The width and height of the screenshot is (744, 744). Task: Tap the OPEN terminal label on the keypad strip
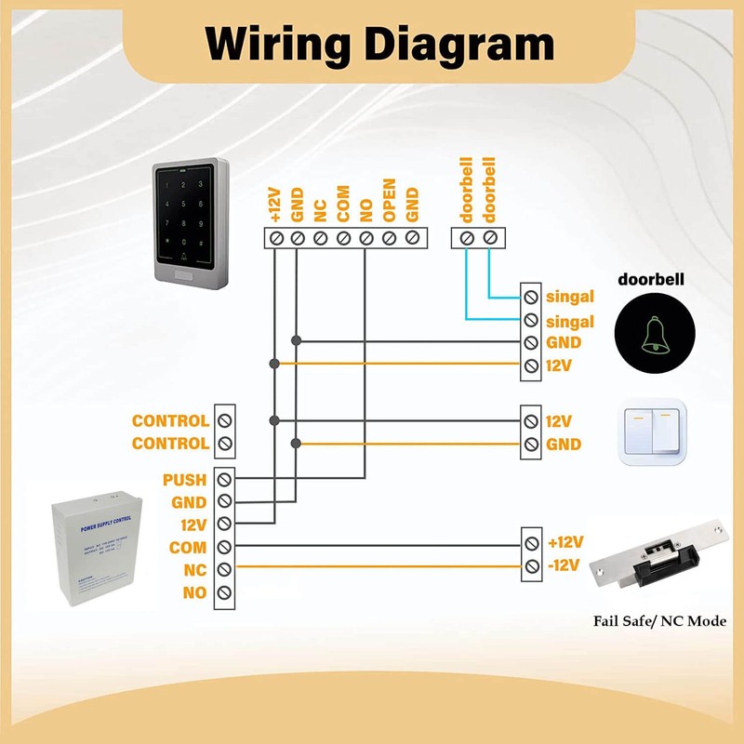pyautogui.click(x=390, y=199)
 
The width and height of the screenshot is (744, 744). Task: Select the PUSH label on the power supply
pyautogui.click(x=184, y=480)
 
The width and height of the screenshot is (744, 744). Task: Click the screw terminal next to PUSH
pyautogui.click(x=224, y=480)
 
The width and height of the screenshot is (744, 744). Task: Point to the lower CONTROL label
pyautogui.click(x=170, y=444)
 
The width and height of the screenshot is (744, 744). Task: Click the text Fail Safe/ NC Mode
pyautogui.click(x=660, y=621)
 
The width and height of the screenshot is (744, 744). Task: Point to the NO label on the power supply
pyautogui.click(x=194, y=592)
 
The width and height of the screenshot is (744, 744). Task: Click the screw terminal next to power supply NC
pyautogui.click(x=224, y=569)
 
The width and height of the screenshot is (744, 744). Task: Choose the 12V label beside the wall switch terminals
pyautogui.click(x=559, y=421)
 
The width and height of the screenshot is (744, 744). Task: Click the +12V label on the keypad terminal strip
pyautogui.click(x=274, y=202)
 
